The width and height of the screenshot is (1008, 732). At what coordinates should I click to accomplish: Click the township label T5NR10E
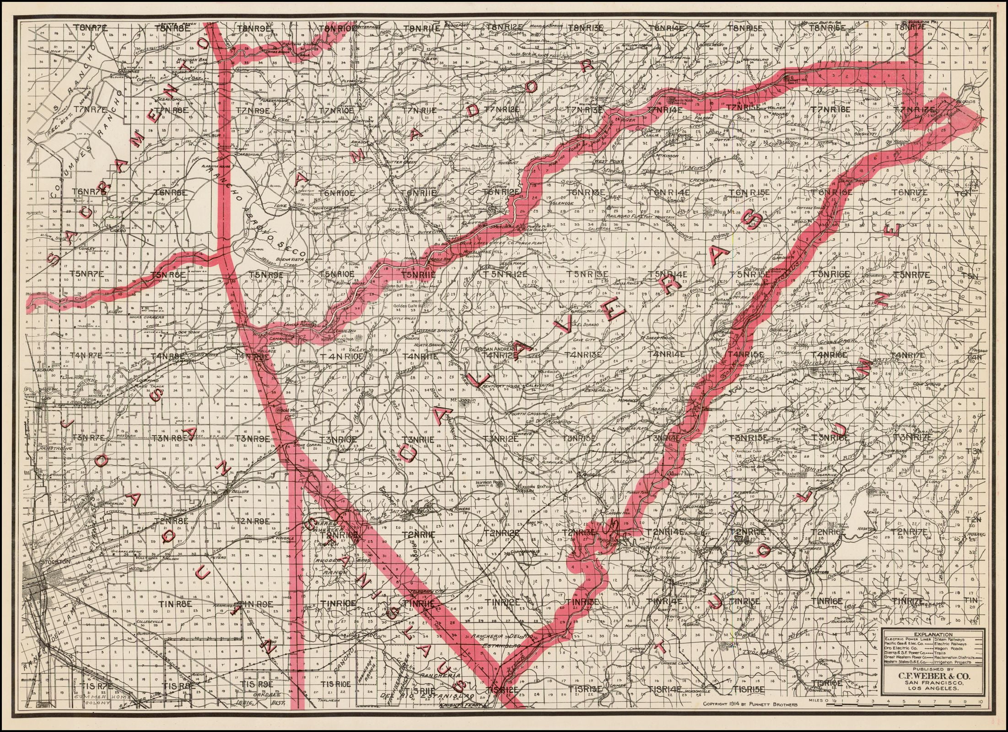[x=337, y=274]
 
